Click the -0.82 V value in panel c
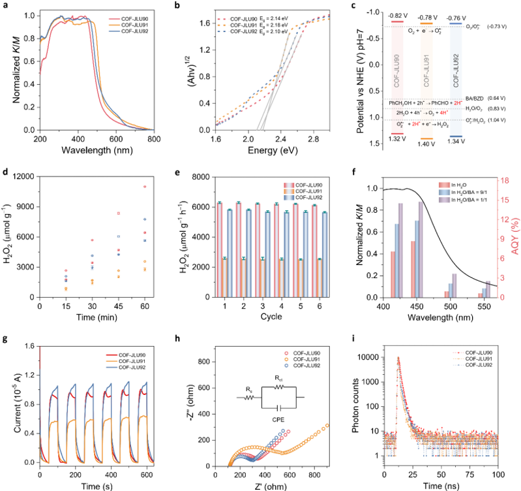400,14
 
